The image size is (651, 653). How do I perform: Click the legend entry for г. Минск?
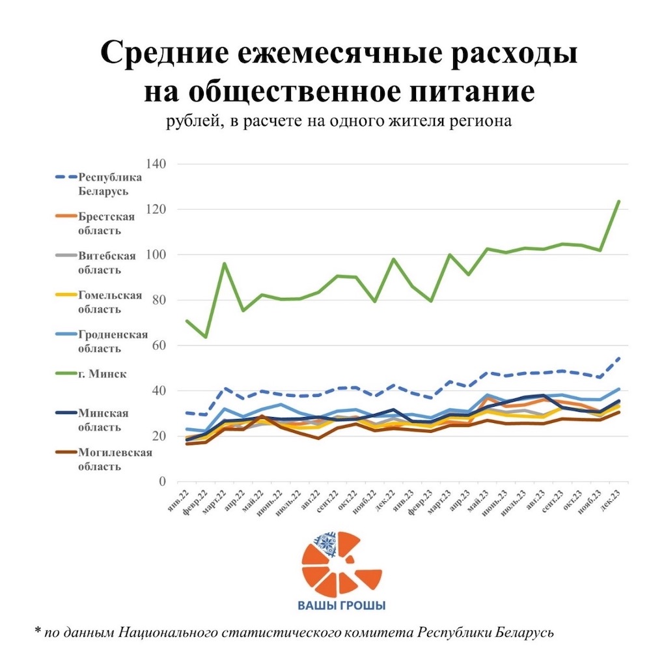click(x=101, y=373)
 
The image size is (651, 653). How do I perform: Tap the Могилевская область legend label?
click(x=114, y=459)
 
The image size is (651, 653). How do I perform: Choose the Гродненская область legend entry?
click(x=113, y=341)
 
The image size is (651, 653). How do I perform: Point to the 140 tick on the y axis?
click(x=156, y=164)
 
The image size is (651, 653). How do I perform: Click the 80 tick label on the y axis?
click(x=158, y=300)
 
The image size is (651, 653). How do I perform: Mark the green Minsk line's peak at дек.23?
click(x=618, y=201)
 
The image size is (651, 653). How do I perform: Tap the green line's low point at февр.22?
click(x=206, y=337)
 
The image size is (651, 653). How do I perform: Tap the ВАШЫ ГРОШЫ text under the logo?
click(x=342, y=605)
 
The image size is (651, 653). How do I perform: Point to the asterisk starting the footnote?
click(x=38, y=631)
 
